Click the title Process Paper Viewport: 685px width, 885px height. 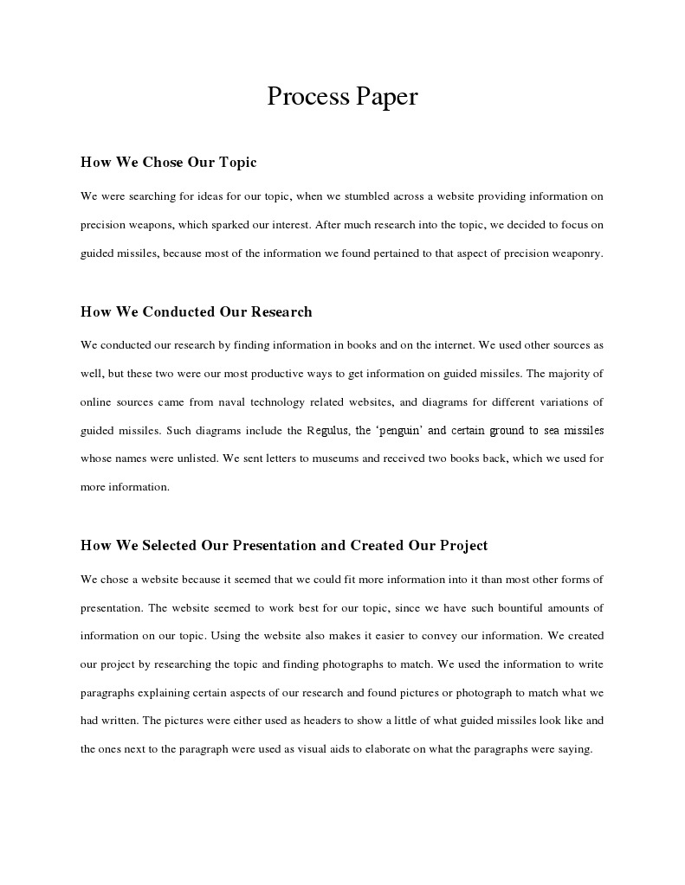click(x=342, y=96)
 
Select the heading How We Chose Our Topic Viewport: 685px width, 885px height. click(x=168, y=163)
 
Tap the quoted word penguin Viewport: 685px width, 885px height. click(x=399, y=431)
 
